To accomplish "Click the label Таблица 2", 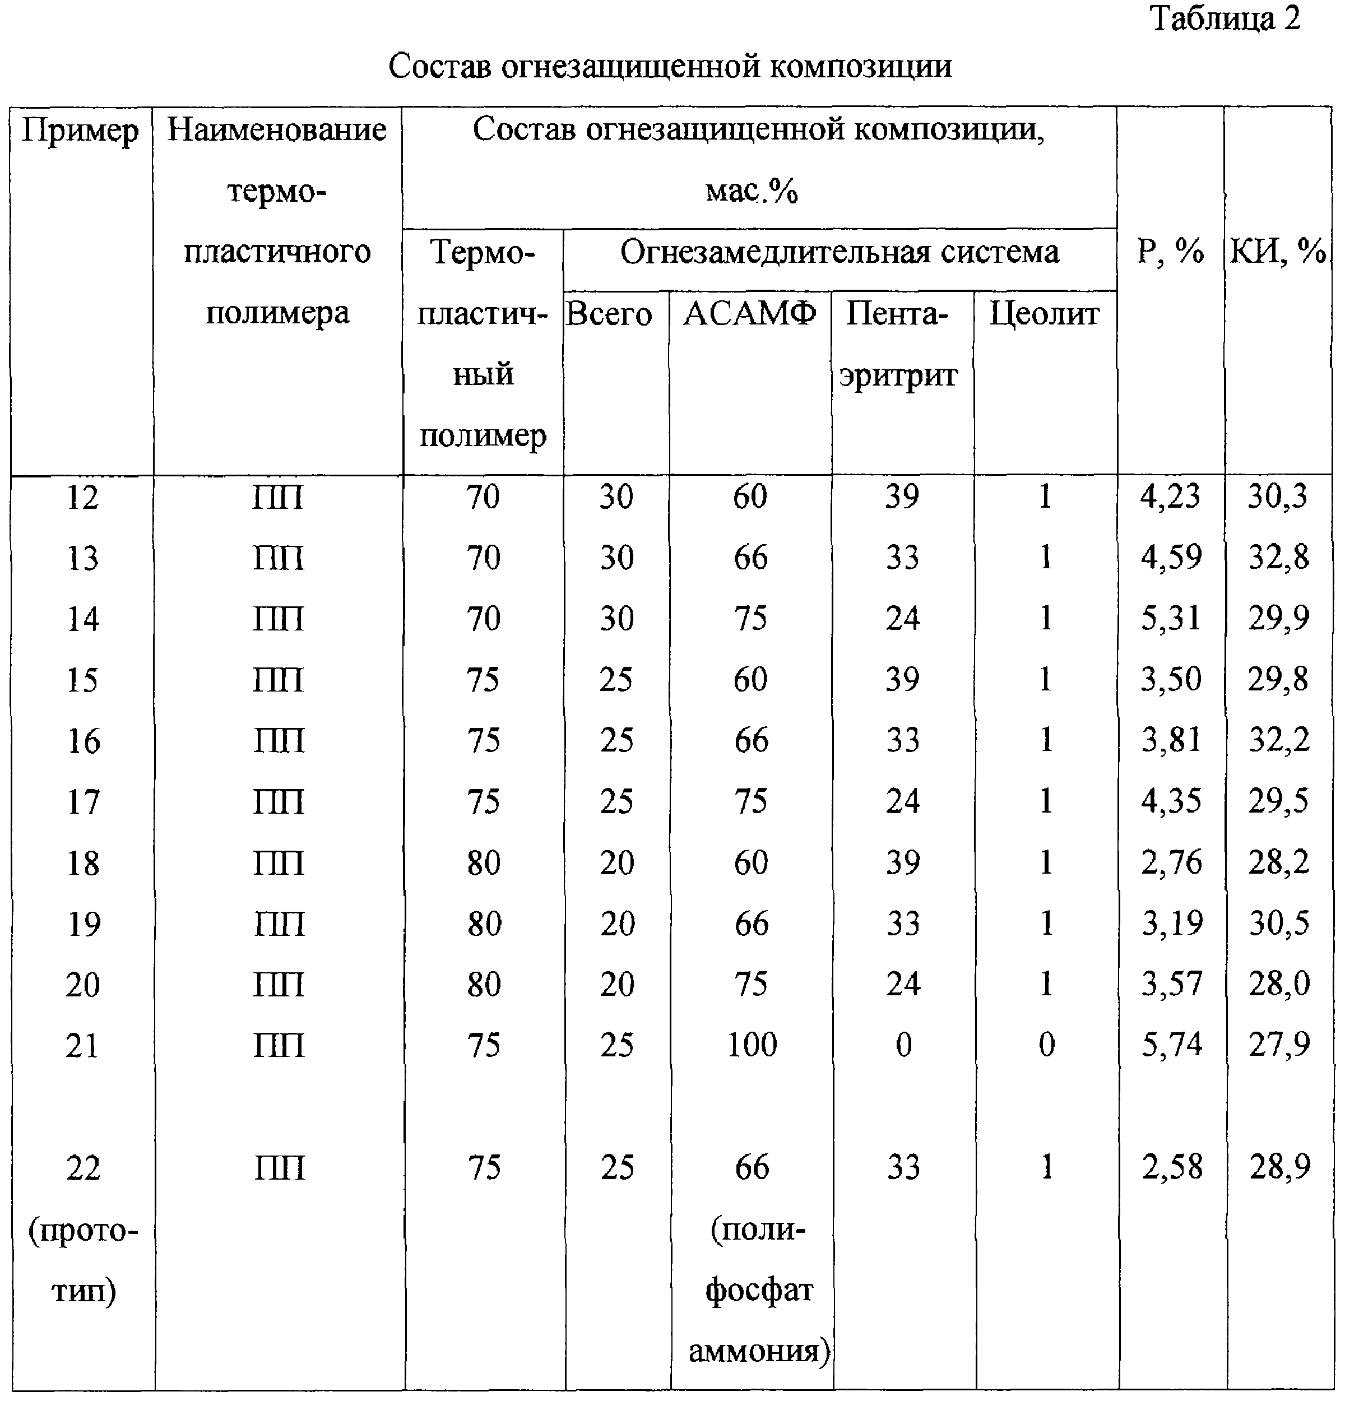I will tap(1226, 18).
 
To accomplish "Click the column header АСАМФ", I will tap(750, 313).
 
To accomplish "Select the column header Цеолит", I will tap(1044, 313).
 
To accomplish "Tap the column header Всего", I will tap(609, 314).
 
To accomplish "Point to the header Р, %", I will tap(1170, 252).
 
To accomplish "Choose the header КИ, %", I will tap(1278, 252).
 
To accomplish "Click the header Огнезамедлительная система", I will tap(839, 252).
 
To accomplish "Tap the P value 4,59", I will tap(1171, 558).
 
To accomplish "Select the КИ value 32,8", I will tap(1278, 558).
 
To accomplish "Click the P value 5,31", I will tap(1171, 618).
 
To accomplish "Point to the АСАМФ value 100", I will tap(751, 1045).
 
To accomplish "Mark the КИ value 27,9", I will tap(1278, 1045).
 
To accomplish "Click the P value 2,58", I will tap(1171, 1167).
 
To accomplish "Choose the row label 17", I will tap(83, 801).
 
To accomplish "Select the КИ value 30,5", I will tap(1278, 924).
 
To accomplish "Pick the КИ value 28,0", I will tap(1278, 984).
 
